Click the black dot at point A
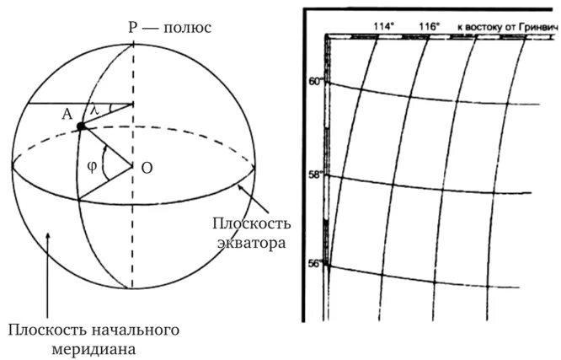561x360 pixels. pyautogui.click(x=80, y=126)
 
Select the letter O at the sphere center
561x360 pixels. pyautogui.click(x=147, y=168)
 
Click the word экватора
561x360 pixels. pyautogui.click(x=249, y=243)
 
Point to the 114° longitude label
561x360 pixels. pyautogui.click(x=384, y=27)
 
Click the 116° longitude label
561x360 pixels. pyautogui.click(x=428, y=27)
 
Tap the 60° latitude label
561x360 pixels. pyautogui.click(x=316, y=83)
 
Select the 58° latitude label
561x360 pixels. pyautogui.click(x=316, y=175)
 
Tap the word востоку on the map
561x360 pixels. pyautogui.click(x=484, y=27)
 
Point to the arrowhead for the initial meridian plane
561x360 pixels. pyautogui.click(x=49, y=229)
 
